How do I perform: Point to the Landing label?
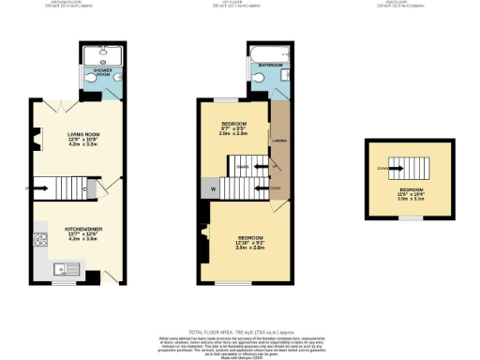pos(277,143)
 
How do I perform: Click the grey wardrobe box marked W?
pos(216,190)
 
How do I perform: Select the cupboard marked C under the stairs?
pos(85,190)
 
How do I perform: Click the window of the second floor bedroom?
pos(409,217)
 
